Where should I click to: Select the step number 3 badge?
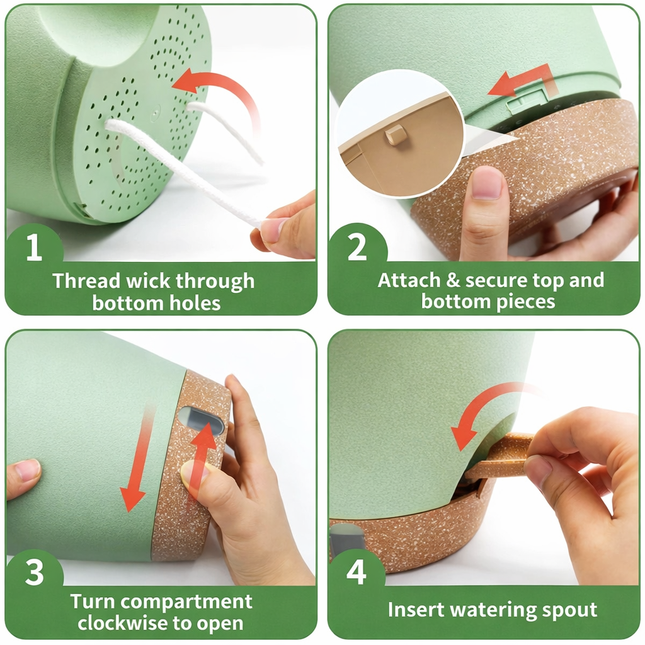[34, 574]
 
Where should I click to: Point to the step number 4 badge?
[357, 574]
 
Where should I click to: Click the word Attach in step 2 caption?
[403, 281]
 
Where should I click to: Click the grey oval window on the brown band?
[201, 420]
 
